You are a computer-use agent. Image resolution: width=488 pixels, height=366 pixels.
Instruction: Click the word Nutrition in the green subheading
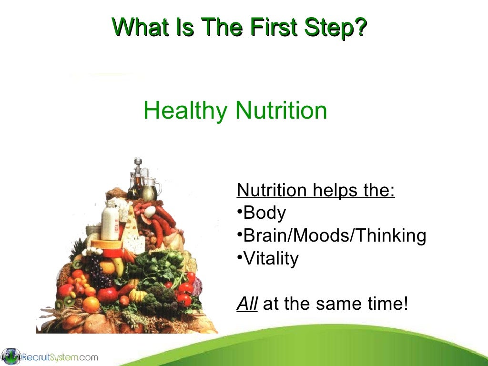(281, 111)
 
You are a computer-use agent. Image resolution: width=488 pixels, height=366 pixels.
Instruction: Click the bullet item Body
(264, 213)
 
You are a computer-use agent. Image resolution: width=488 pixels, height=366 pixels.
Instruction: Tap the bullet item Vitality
(270, 258)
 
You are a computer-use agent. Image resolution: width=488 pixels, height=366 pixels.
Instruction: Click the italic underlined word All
(247, 304)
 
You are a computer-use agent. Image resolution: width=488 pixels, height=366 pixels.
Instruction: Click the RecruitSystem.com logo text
(60, 356)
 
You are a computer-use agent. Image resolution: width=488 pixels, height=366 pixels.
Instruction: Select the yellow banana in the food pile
(119, 267)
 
